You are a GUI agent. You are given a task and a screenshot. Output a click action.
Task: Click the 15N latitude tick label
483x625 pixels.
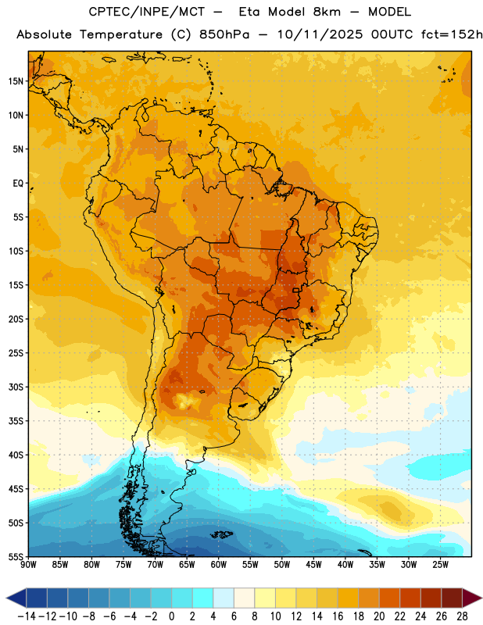pos(16,81)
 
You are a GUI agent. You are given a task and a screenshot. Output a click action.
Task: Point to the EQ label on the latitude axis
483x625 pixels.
pos(18,184)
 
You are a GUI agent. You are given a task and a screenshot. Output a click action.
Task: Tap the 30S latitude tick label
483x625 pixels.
pos(16,387)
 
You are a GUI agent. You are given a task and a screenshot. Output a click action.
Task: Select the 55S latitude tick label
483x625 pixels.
pos(16,556)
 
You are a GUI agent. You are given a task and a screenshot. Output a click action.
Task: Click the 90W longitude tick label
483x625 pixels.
pos(28,565)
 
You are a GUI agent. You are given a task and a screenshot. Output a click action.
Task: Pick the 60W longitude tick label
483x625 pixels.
pos(219,565)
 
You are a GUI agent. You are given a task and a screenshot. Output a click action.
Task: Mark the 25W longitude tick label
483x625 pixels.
pos(440,565)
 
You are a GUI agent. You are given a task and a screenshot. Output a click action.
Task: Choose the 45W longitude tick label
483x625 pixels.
pos(313,565)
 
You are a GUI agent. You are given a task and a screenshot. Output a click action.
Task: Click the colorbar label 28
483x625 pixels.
pos(462,616)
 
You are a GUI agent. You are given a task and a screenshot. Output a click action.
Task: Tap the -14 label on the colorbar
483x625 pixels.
pos(27,616)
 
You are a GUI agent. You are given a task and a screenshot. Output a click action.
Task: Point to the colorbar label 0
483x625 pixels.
pos(171,616)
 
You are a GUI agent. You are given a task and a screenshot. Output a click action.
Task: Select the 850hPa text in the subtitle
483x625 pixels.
pos(224,34)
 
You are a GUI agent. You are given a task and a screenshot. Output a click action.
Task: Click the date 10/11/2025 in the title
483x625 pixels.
pos(320,34)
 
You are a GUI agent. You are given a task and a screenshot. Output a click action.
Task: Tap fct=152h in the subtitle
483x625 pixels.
pos(452,34)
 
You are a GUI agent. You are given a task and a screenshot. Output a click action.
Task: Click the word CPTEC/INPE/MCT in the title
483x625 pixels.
pos(147,12)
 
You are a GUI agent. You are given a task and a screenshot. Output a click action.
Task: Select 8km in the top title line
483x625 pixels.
pos(327,12)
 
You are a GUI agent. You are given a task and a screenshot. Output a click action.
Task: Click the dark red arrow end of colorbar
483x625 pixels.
pos(472,598)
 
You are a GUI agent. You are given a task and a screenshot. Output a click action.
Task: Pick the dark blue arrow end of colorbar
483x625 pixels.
pos(16,598)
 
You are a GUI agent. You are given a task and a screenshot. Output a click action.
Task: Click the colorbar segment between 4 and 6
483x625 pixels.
pos(224,598)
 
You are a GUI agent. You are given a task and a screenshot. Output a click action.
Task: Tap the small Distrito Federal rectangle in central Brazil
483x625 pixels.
pos(296,291)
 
